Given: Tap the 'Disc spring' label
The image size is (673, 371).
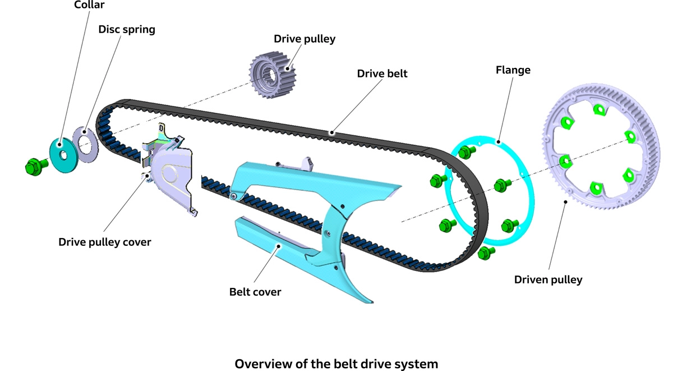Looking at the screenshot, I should point(127,29).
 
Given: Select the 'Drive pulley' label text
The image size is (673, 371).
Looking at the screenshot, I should point(305,39).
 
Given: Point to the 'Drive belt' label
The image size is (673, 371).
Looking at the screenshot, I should point(382,74).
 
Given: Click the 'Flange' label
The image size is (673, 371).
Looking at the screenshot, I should point(513,70).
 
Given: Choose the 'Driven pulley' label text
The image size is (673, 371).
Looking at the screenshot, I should point(548,279).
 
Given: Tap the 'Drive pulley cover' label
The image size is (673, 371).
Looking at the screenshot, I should point(105,242).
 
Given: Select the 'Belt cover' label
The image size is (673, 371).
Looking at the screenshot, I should point(255,292).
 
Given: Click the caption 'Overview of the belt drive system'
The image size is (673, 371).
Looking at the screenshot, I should point(336,363).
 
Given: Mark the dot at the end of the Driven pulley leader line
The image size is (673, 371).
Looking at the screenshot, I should point(566,201).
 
